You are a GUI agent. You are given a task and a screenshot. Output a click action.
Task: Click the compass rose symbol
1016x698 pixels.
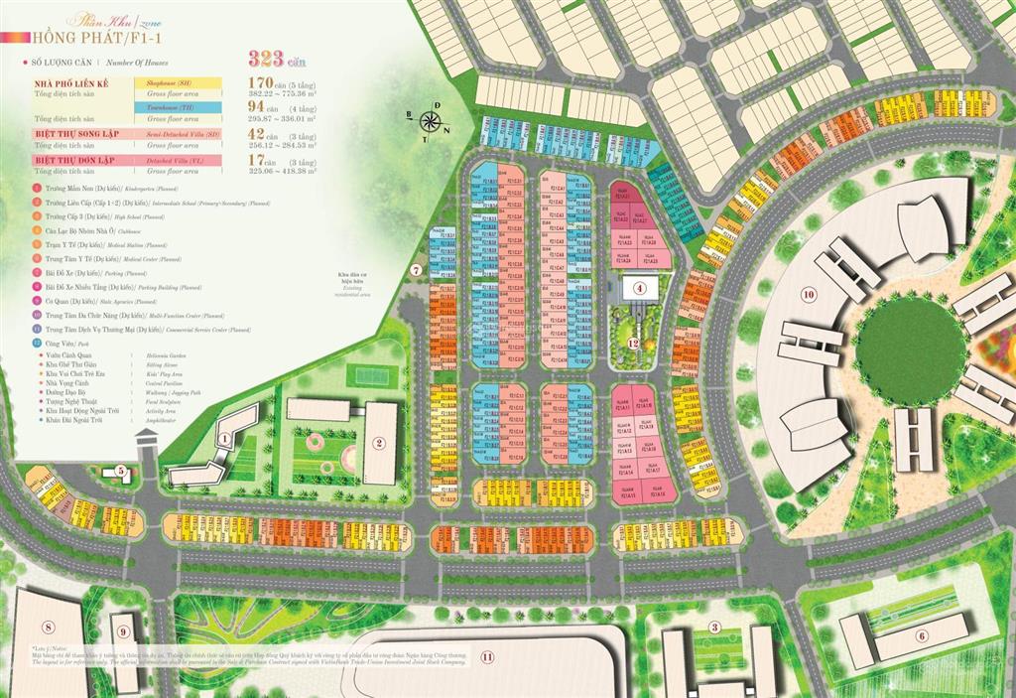[431, 123]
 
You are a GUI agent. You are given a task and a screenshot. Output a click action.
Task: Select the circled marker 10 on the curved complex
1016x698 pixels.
[809, 294]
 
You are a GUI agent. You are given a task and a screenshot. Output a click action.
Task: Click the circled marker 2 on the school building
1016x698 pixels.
[378, 444]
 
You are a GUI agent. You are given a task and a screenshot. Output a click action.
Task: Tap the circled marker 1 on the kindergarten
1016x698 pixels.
[225, 435]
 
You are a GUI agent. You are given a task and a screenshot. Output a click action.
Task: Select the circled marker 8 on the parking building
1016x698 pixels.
[47, 626]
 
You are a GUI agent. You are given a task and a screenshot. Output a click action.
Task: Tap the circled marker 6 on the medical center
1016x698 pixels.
[922, 636]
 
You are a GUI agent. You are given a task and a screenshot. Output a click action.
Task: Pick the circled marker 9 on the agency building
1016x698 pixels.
[124, 629]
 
